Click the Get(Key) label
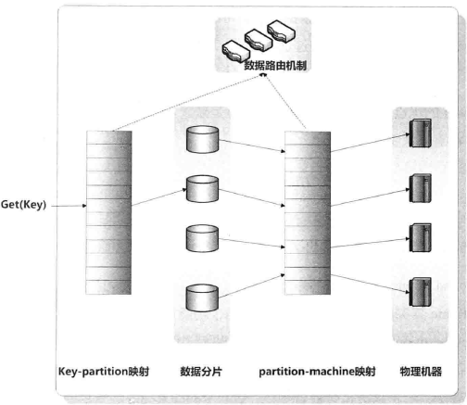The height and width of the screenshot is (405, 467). (x=23, y=205)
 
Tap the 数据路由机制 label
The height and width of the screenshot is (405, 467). (x=275, y=66)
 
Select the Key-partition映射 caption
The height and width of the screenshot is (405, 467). (x=104, y=372)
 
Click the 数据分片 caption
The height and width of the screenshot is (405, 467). (x=201, y=372)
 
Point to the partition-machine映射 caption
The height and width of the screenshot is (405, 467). (x=317, y=372)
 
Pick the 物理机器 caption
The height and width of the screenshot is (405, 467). (x=421, y=372)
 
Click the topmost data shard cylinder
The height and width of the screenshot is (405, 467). (x=202, y=139)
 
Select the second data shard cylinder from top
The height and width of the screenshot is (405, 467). (x=202, y=189)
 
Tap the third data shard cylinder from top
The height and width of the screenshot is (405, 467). (x=202, y=238)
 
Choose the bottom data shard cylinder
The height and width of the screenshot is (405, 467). (x=202, y=297)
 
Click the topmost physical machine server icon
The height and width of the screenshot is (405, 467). (x=421, y=133)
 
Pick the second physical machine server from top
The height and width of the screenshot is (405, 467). (x=421, y=188)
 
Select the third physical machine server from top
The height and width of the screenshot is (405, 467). (x=421, y=237)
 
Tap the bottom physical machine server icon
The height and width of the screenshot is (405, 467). (x=421, y=292)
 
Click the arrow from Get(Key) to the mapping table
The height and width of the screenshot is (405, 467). (x=69, y=206)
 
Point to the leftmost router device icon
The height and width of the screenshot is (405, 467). (x=236, y=51)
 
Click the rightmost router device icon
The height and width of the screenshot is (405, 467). (x=281, y=32)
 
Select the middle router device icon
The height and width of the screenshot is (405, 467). (x=259, y=40)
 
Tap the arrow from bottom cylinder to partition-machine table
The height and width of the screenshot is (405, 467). (x=252, y=286)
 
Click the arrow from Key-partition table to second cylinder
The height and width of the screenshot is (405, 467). (x=159, y=197)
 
